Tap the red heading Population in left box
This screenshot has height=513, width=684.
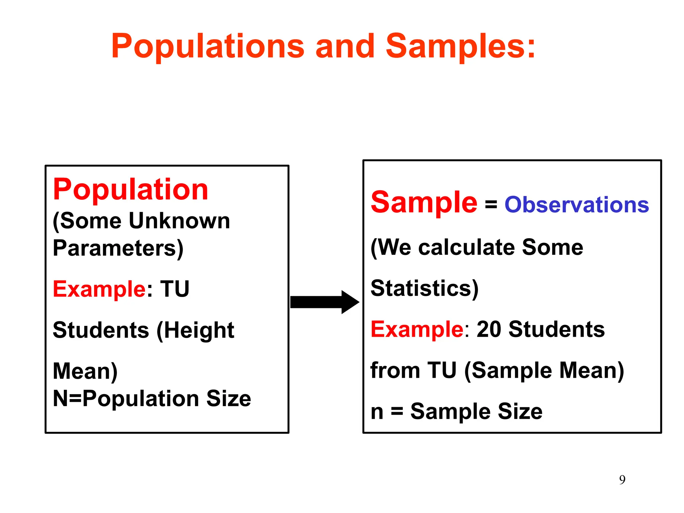[131, 190]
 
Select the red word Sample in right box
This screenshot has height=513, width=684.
[424, 203]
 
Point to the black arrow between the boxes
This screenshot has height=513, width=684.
[324, 302]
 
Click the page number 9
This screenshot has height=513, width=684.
[622, 480]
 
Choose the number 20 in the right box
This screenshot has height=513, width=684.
[489, 329]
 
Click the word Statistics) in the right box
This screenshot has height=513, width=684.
[424, 288]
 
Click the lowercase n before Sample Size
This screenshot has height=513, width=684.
[377, 412]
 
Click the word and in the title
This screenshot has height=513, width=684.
[345, 47]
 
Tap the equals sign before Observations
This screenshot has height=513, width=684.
[491, 204]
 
